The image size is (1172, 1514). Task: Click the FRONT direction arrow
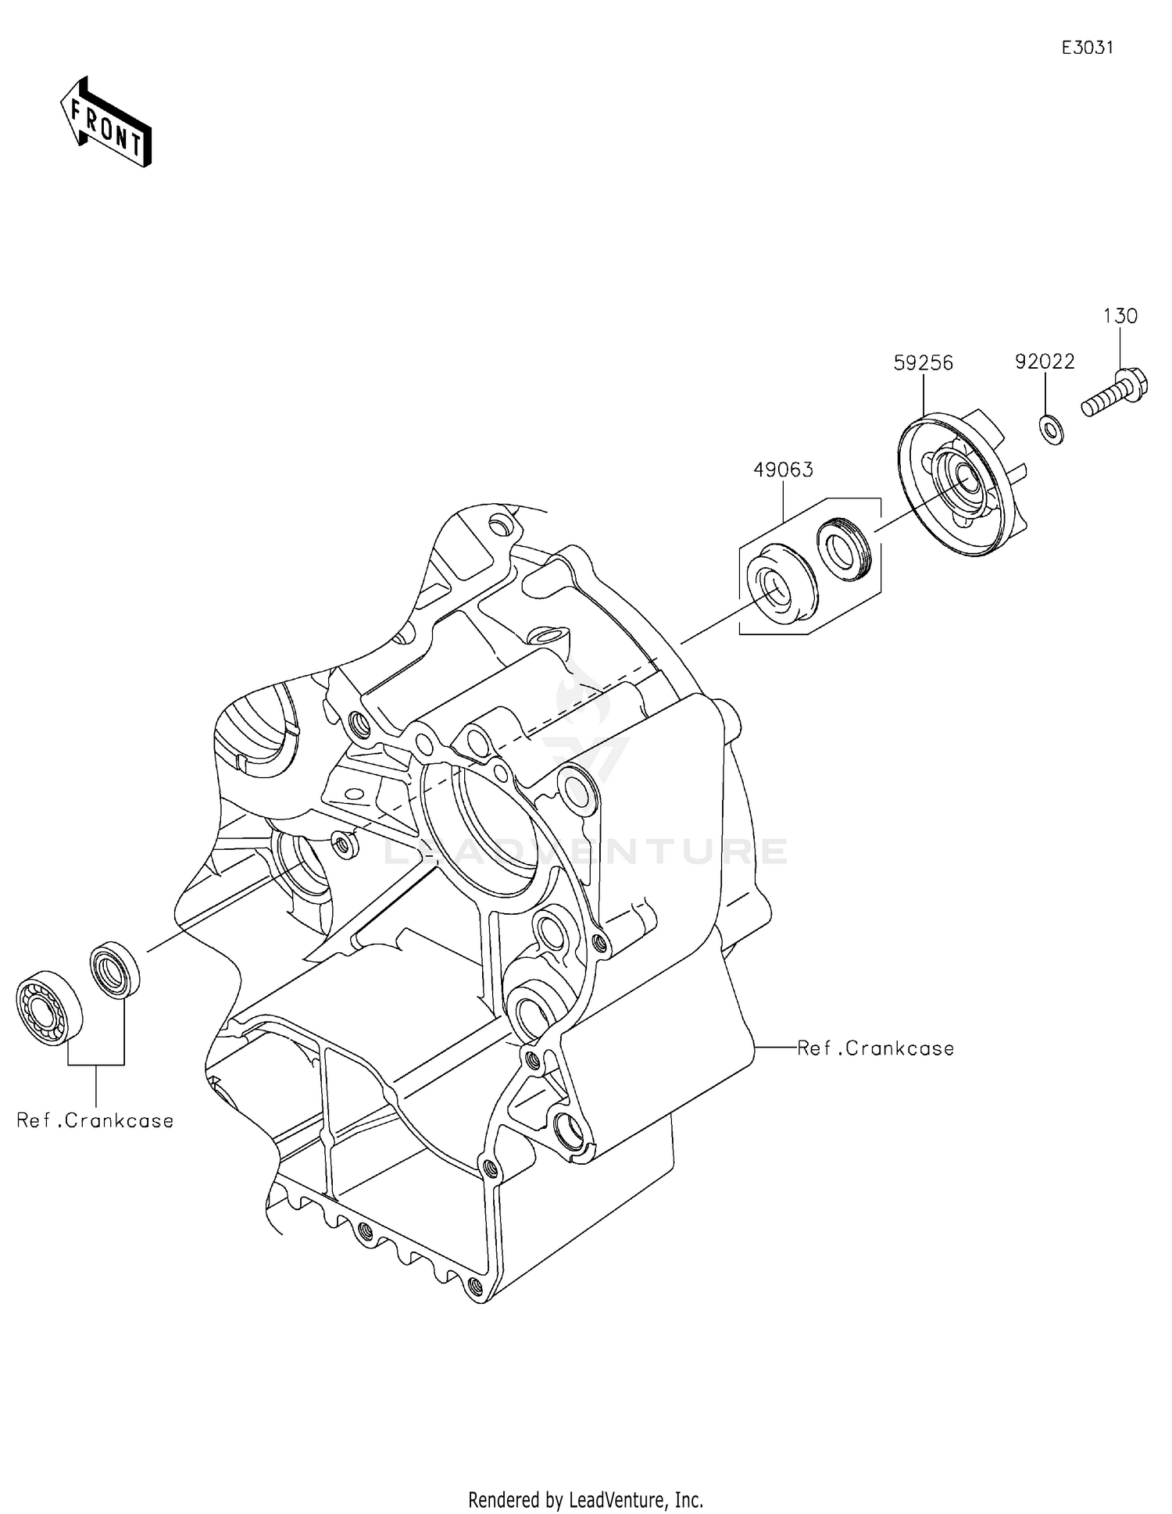[x=105, y=123]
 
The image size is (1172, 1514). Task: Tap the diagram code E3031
[x=1087, y=48]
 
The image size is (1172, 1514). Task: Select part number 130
[x=1120, y=316]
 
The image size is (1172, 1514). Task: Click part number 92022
[x=1045, y=362]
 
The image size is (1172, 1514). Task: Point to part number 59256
[x=924, y=363]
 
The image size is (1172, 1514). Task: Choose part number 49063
[x=783, y=470]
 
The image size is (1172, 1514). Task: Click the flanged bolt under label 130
[x=1116, y=397]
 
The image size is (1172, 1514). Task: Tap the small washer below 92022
[x=1050, y=430]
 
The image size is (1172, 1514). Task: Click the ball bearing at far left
[x=49, y=1009]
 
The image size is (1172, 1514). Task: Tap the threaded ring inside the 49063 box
[x=843, y=548]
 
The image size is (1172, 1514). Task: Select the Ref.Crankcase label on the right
[x=875, y=1048]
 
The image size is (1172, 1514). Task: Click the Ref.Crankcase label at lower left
[x=95, y=1120]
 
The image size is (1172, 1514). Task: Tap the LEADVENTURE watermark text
[x=586, y=852]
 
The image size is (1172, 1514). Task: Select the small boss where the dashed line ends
[x=341, y=842]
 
